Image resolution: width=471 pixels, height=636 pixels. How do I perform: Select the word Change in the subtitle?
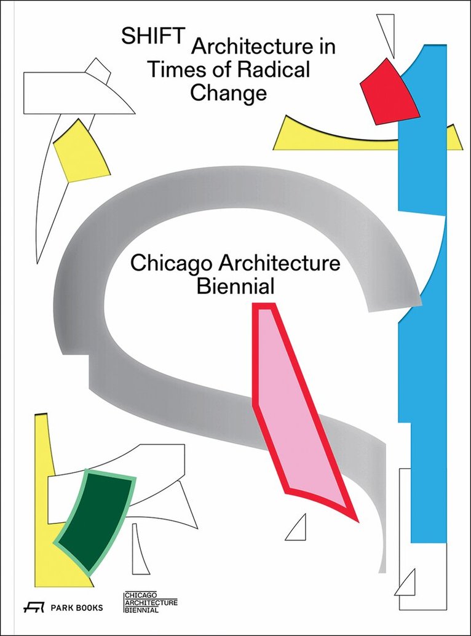228,93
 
